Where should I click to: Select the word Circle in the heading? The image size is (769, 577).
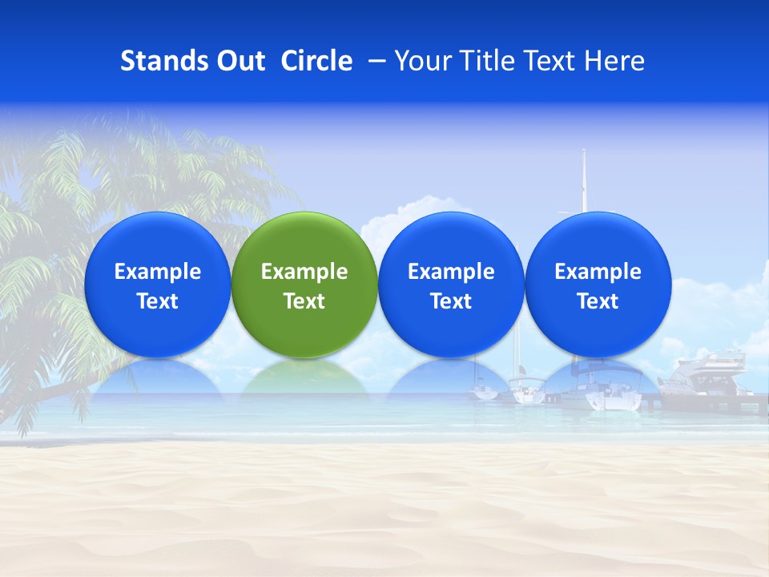pyautogui.click(x=316, y=61)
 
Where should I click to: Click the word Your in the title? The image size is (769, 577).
pyautogui.click(x=417, y=61)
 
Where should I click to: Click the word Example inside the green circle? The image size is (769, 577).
pyautogui.click(x=304, y=272)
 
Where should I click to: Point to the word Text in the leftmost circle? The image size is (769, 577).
pyautogui.click(x=157, y=301)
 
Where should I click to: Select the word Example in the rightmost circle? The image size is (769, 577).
pyautogui.click(x=598, y=272)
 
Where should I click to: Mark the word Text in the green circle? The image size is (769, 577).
pyautogui.click(x=304, y=301)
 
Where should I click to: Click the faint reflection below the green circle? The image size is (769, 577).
pyautogui.click(x=304, y=377)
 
